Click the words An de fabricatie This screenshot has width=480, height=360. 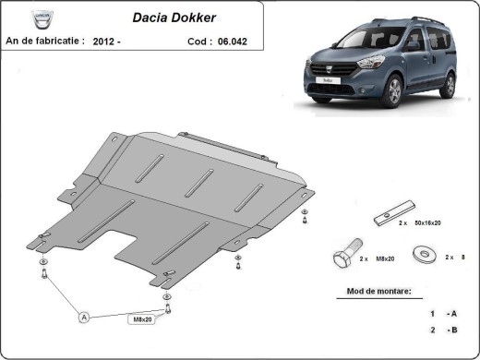pos(45,41)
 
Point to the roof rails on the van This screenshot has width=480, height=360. pos(421,19)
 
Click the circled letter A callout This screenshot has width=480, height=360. pos(83,318)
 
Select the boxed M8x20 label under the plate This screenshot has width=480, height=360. pos(141,319)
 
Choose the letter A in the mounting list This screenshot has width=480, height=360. pos(452,313)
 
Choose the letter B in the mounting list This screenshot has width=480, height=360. pos(452,330)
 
